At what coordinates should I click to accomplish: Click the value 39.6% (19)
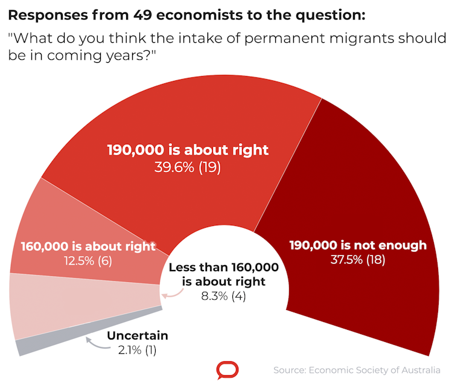point(188,167)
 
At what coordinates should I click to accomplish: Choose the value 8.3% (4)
point(224,296)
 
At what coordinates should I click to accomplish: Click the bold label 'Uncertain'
point(138,336)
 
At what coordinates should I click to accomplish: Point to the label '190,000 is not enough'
point(358,245)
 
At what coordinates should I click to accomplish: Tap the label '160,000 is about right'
point(88,246)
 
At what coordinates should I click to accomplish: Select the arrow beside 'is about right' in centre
point(172,292)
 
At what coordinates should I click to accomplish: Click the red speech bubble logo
point(227,370)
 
